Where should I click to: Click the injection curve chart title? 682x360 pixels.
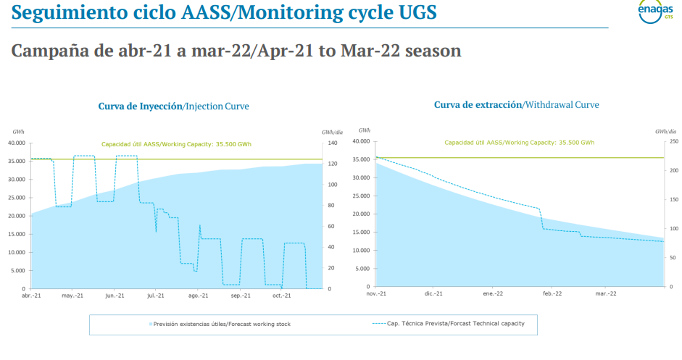click(173, 106)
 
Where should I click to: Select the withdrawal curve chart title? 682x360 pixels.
click(516, 105)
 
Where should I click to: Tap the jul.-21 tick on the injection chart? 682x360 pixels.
click(156, 296)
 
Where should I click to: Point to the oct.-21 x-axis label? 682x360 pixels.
click(281, 296)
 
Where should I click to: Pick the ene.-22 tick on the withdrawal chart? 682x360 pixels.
click(493, 293)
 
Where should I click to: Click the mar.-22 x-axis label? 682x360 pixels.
click(606, 293)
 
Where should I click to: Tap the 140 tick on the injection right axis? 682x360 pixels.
click(329, 143)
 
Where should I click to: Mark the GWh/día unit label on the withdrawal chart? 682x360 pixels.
click(665, 131)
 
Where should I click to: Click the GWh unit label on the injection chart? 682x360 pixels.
click(19, 132)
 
